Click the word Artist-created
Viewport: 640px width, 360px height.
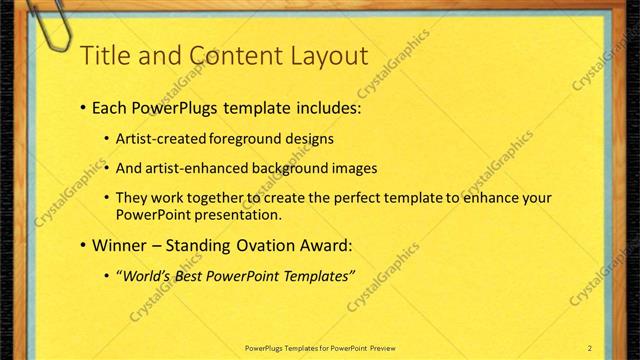coord(161,139)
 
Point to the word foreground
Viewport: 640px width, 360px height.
coord(247,139)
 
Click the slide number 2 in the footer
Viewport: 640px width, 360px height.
coord(590,347)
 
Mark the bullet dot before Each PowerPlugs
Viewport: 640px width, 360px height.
coord(82,108)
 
